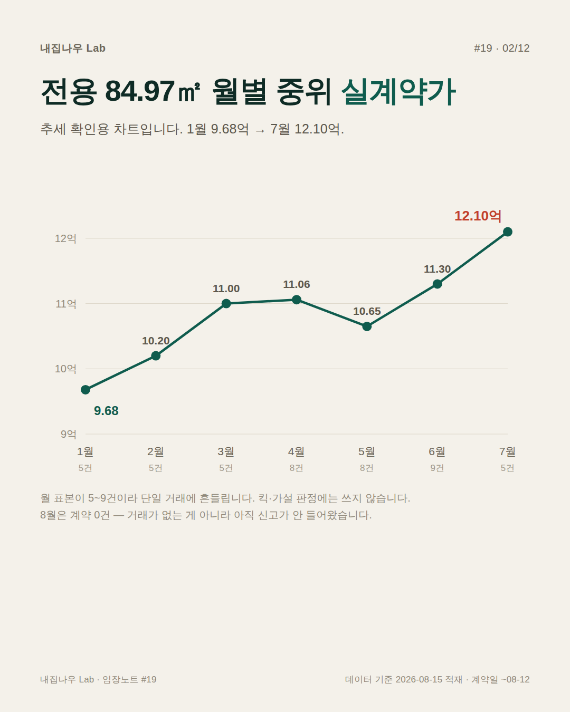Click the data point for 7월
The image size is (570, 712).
pyautogui.click(x=507, y=232)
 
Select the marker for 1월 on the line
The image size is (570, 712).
pyautogui.click(x=85, y=390)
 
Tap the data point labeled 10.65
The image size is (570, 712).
pyautogui.click(x=367, y=326)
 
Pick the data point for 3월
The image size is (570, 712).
pyautogui.click(x=226, y=303)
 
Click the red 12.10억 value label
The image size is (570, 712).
pyautogui.click(x=478, y=216)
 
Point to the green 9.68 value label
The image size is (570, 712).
pyautogui.click(x=106, y=411)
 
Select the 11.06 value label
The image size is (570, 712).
pyautogui.click(x=297, y=284)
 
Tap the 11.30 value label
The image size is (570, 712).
pyautogui.click(x=437, y=269)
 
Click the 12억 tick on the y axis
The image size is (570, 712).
pyautogui.click(x=65, y=238)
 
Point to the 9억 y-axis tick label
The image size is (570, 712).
pyautogui.click(x=68, y=434)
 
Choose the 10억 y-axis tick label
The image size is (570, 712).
pyautogui.click(x=65, y=369)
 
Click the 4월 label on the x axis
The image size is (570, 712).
pyautogui.click(x=297, y=451)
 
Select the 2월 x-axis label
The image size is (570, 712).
pyautogui.click(x=156, y=451)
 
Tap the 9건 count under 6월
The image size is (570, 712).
pyautogui.click(x=437, y=468)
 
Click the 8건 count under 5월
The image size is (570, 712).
pyautogui.click(x=367, y=468)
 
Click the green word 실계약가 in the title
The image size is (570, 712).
pyautogui.click(x=399, y=92)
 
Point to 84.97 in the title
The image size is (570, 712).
pyautogui.click(x=140, y=91)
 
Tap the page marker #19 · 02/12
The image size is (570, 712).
pyautogui.click(x=502, y=49)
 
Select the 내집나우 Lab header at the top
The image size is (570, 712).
pyautogui.click(x=73, y=49)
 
